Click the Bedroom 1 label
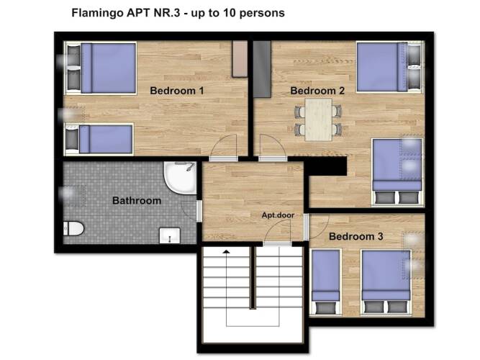pyautogui.click(x=176, y=91)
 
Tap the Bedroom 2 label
pyautogui.click(x=317, y=91)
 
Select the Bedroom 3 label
pyautogui.click(x=356, y=237)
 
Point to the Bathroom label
pyautogui.click(x=137, y=200)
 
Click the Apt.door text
pyautogui.click(x=278, y=215)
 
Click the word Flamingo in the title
pyautogui.click(x=95, y=13)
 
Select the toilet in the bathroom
pyautogui.click(x=73, y=228)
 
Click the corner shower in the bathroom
pyautogui.click(x=180, y=178)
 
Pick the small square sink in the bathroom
pyautogui.click(x=170, y=235)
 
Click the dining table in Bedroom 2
pyautogui.click(x=318, y=120)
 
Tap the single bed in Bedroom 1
pyautogui.click(x=99, y=140)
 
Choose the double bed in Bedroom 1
pyautogui.click(x=101, y=68)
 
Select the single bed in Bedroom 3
pyautogui.click(x=325, y=282)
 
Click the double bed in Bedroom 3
pyautogui.click(x=386, y=282)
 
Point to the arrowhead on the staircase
pyautogui.click(x=226, y=251)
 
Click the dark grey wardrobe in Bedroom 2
pyautogui.click(x=262, y=69)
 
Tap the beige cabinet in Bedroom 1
pyautogui.click(x=240, y=59)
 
